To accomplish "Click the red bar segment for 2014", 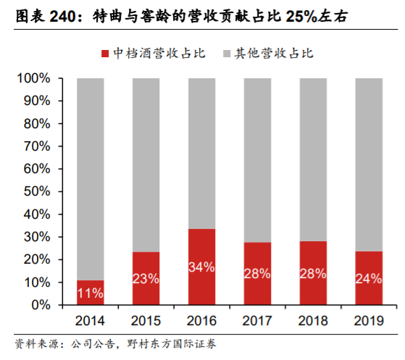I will (91, 292).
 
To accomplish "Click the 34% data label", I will (202, 267).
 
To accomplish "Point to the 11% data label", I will (91, 293).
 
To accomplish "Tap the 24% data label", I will (369, 279).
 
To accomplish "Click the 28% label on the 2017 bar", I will (258, 274).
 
